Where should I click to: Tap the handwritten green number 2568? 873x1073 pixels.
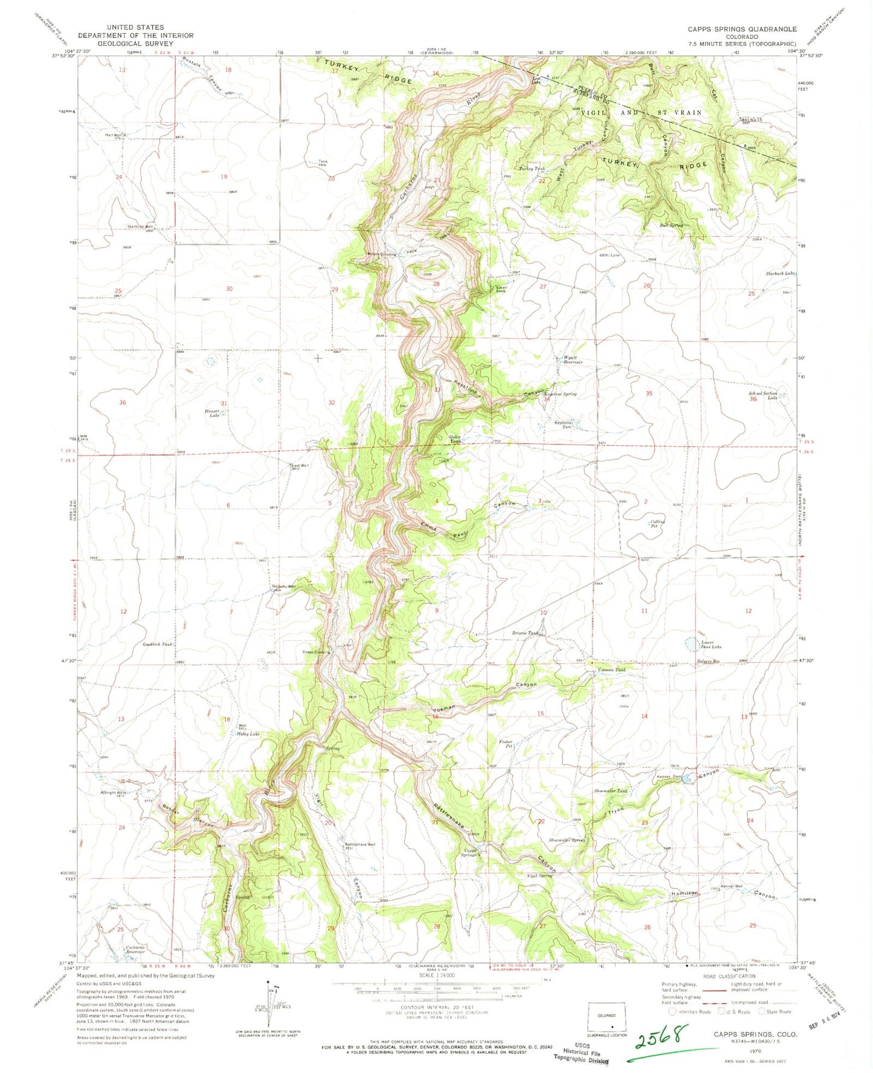pos(660,1038)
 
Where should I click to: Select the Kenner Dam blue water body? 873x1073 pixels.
pos(688,779)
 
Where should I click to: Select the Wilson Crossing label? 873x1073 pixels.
pos(382,254)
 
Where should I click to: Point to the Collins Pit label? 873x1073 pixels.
pos(657,524)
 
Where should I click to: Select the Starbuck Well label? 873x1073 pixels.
pos(140,227)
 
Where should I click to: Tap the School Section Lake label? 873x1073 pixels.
pos(763,396)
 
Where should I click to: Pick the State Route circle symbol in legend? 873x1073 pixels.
pos(763,1011)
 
